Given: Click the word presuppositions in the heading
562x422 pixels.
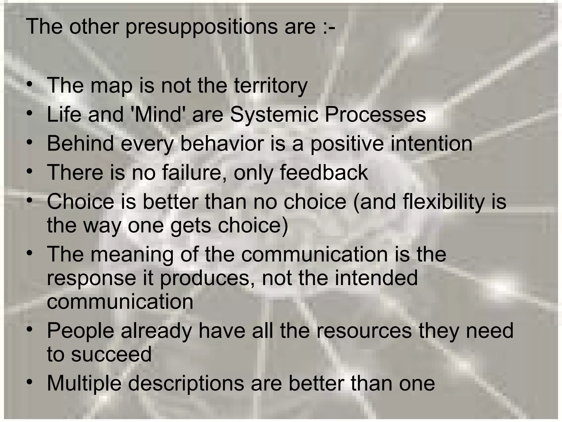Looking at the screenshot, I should click(x=201, y=27).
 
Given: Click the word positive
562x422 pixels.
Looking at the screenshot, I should click(x=347, y=144).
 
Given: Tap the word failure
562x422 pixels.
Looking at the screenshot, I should click(x=194, y=173).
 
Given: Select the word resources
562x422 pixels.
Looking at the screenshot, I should click(x=364, y=331).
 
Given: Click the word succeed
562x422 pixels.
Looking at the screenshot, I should click(x=111, y=354).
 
